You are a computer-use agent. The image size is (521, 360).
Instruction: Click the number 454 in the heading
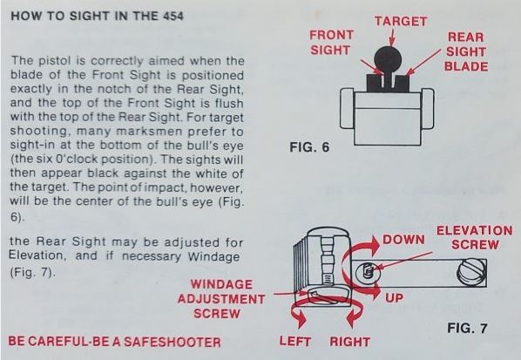[173, 16]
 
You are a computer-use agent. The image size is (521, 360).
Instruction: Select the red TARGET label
[401, 21]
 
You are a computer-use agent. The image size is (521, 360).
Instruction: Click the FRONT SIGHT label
[330, 43]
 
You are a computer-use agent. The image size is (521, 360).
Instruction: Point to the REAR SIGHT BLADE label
[466, 51]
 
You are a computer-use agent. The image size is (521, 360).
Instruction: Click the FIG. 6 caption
[309, 147]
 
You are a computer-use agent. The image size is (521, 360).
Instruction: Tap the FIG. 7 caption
[467, 328]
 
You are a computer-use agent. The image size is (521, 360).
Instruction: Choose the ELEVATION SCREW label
[475, 238]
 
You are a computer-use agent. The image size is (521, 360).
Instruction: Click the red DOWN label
[403, 240]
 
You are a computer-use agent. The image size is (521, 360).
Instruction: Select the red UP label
[394, 298]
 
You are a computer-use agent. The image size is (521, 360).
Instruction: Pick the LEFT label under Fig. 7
[295, 342]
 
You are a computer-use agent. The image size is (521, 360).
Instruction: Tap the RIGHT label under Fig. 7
[350, 342]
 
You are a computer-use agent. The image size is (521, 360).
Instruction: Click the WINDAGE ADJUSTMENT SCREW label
[221, 299]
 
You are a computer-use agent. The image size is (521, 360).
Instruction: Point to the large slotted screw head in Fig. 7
[470, 273]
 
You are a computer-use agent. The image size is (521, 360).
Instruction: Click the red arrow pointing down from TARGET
[392, 37]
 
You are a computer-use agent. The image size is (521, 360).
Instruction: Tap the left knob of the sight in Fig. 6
[348, 108]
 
